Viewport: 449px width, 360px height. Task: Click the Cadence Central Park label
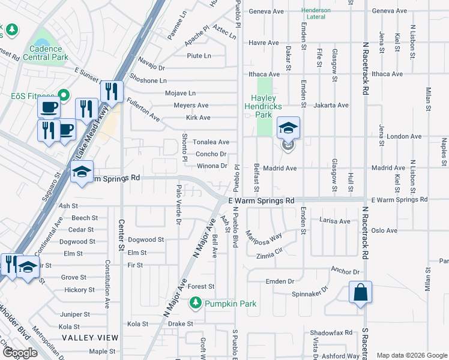tap(45, 53)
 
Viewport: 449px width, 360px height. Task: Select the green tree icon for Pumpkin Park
tap(195, 304)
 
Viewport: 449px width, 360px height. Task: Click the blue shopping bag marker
tap(360, 293)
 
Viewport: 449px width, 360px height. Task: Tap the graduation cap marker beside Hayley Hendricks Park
tap(288, 128)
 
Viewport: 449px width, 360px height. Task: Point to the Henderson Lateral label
tap(316, 13)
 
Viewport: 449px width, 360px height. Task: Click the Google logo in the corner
tap(20, 353)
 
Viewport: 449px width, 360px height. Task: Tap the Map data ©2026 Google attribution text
tap(411, 355)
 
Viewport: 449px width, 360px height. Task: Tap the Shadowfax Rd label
tap(331, 332)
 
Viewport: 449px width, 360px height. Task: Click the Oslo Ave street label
tap(384, 230)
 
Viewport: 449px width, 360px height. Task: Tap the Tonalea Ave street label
tap(211, 142)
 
